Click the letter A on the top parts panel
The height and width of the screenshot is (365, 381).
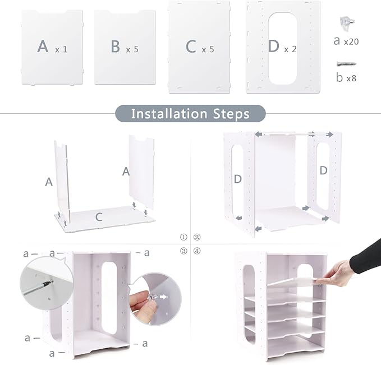(x=43, y=47)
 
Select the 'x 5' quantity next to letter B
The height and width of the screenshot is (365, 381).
(x=132, y=50)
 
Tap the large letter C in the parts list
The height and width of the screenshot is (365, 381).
(x=191, y=47)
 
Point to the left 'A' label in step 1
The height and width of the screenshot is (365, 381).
(x=49, y=182)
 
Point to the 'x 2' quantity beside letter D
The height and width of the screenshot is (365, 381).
(x=291, y=50)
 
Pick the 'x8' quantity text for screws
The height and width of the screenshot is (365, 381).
(x=351, y=78)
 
